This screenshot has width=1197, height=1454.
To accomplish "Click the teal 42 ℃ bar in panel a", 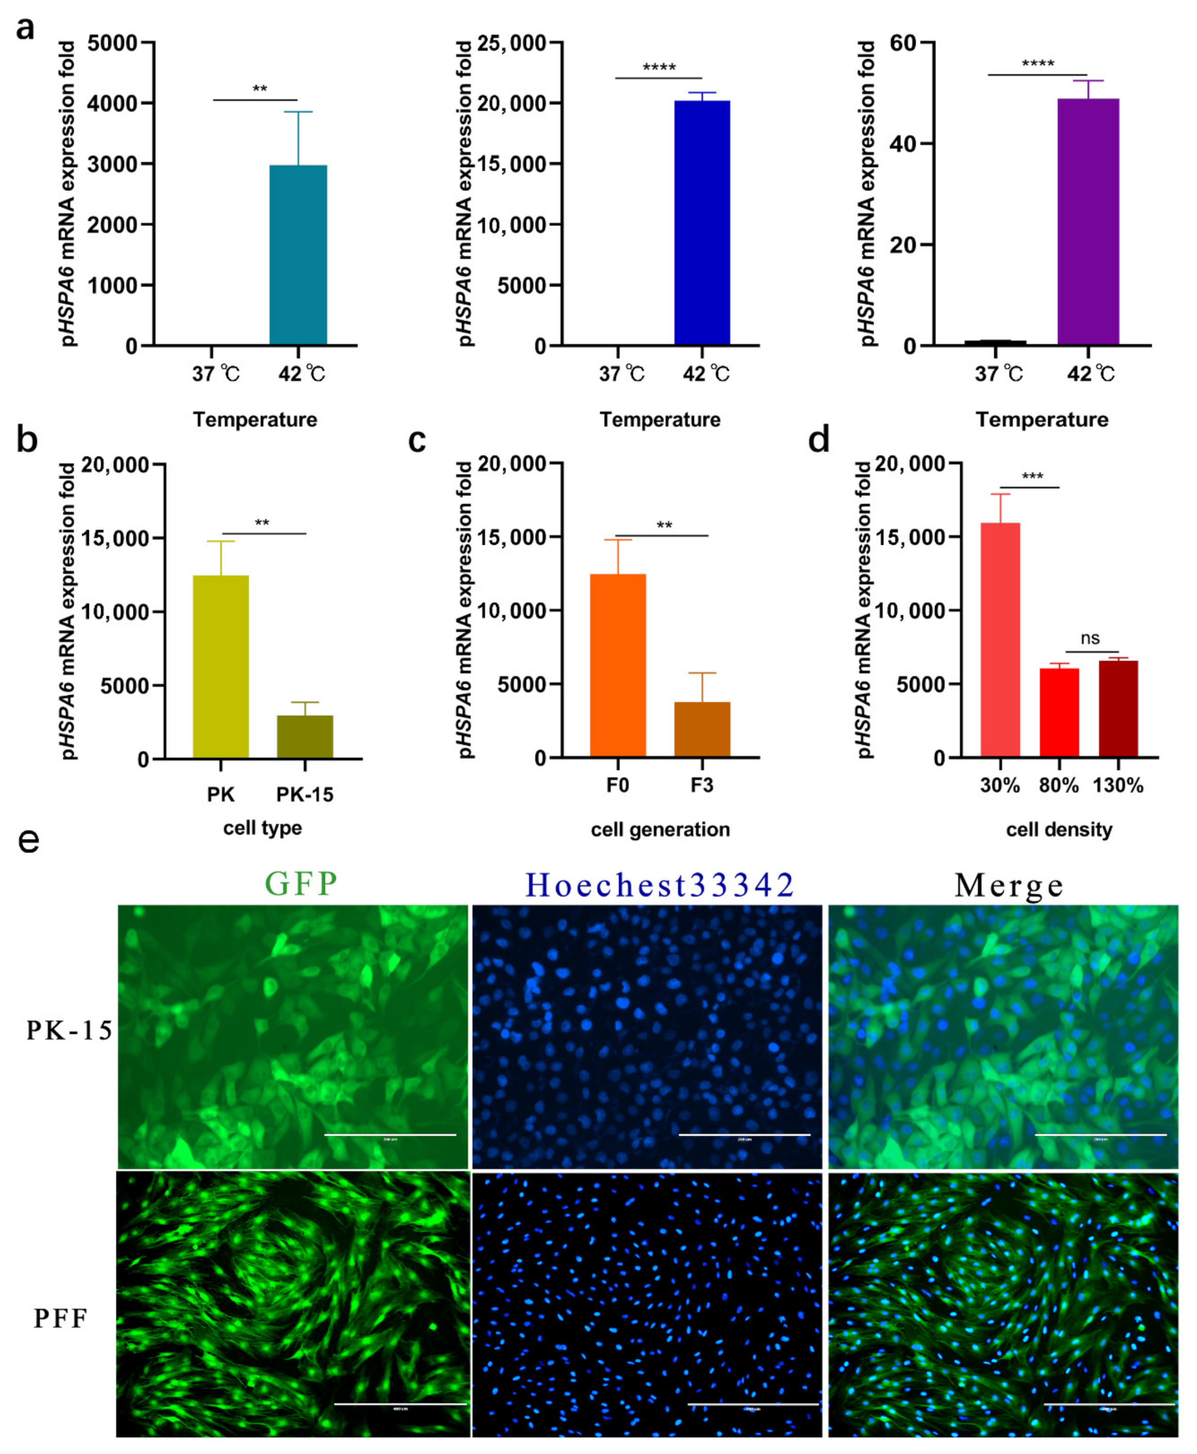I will click(x=298, y=255).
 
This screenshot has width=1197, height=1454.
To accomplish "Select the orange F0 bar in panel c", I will click(x=618, y=665).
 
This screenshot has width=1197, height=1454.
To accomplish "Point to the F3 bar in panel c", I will click(x=702, y=730).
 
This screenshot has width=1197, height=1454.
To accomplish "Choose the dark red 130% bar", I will click(x=1118, y=709).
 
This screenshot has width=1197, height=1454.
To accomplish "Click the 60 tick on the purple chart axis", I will click(x=903, y=43).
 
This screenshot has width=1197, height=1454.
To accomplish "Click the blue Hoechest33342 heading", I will click(x=660, y=884).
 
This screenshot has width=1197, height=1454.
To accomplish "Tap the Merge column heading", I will click(x=1009, y=885).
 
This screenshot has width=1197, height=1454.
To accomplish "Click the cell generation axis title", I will click(x=660, y=829).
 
